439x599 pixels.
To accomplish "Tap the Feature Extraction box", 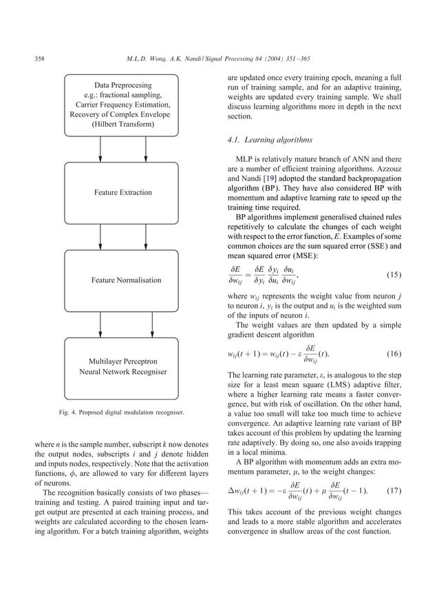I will pyautogui.click(x=123, y=193).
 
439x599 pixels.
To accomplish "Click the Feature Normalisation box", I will pyautogui.click(x=126, y=280).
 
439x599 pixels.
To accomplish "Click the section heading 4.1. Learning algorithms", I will pyautogui.click(x=264, y=140).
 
